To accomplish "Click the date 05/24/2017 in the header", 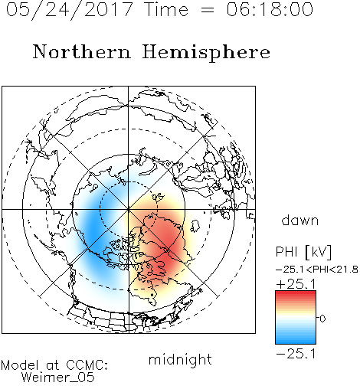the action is (x=70, y=10).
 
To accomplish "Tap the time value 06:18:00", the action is (x=270, y=9).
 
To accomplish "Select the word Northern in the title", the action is (x=82, y=51).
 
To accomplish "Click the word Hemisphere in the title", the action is (x=206, y=52).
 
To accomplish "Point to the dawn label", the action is (x=300, y=220).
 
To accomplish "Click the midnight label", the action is (x=180, y=359).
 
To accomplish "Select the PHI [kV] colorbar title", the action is (x=303, y=252).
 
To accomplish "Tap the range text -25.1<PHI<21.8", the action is (x=317, y=270).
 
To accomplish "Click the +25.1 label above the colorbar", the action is (x=296, y=284).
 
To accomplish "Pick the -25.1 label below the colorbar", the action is (x=296, y=354).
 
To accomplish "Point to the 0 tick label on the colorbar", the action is (x=322, y=319).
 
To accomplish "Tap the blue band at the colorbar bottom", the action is (x=296, y=340).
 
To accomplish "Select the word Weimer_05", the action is (x=57, y=378).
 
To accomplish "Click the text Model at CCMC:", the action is (x=54, y=365).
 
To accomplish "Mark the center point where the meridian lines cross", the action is (x=129, y=210).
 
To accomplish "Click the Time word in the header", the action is (x=166, y=9).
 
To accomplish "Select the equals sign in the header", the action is (x=208, y=10).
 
